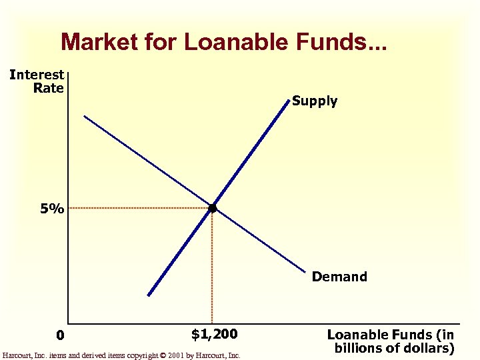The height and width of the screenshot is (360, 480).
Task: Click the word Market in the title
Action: coord(93,42)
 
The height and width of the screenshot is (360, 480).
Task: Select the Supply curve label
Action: coord(315,101)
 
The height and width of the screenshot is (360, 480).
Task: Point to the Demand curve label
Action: coord(339,277)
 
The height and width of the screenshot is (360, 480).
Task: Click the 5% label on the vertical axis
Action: coord(51,209)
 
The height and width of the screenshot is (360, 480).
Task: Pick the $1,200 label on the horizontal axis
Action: coord(214,333)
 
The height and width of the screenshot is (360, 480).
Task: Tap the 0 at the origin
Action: coord(60,335)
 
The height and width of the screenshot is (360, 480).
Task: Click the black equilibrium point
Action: coord(212,209)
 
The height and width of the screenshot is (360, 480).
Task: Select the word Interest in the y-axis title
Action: coord(37,75)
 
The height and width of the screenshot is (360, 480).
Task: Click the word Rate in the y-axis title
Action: coord(48,87)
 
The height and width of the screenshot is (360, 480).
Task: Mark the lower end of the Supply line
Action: coord(149,295)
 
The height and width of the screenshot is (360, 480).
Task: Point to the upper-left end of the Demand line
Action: coord(84,117)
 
